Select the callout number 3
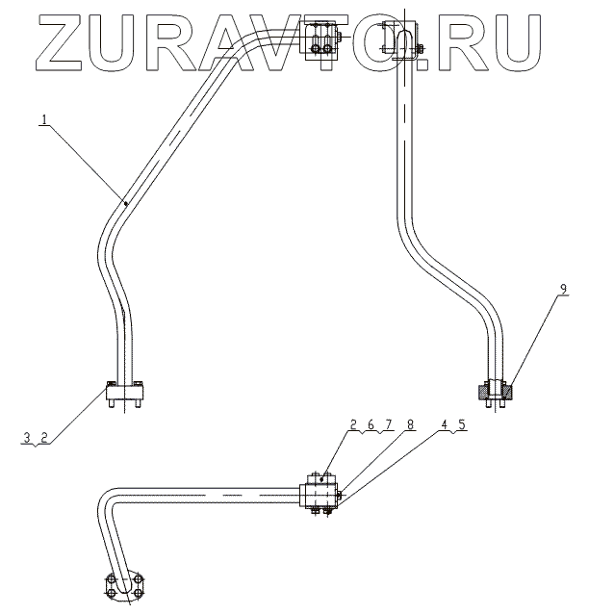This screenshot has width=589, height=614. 28,437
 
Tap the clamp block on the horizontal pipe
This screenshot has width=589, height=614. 320,494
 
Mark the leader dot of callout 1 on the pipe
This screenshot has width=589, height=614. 125,202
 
